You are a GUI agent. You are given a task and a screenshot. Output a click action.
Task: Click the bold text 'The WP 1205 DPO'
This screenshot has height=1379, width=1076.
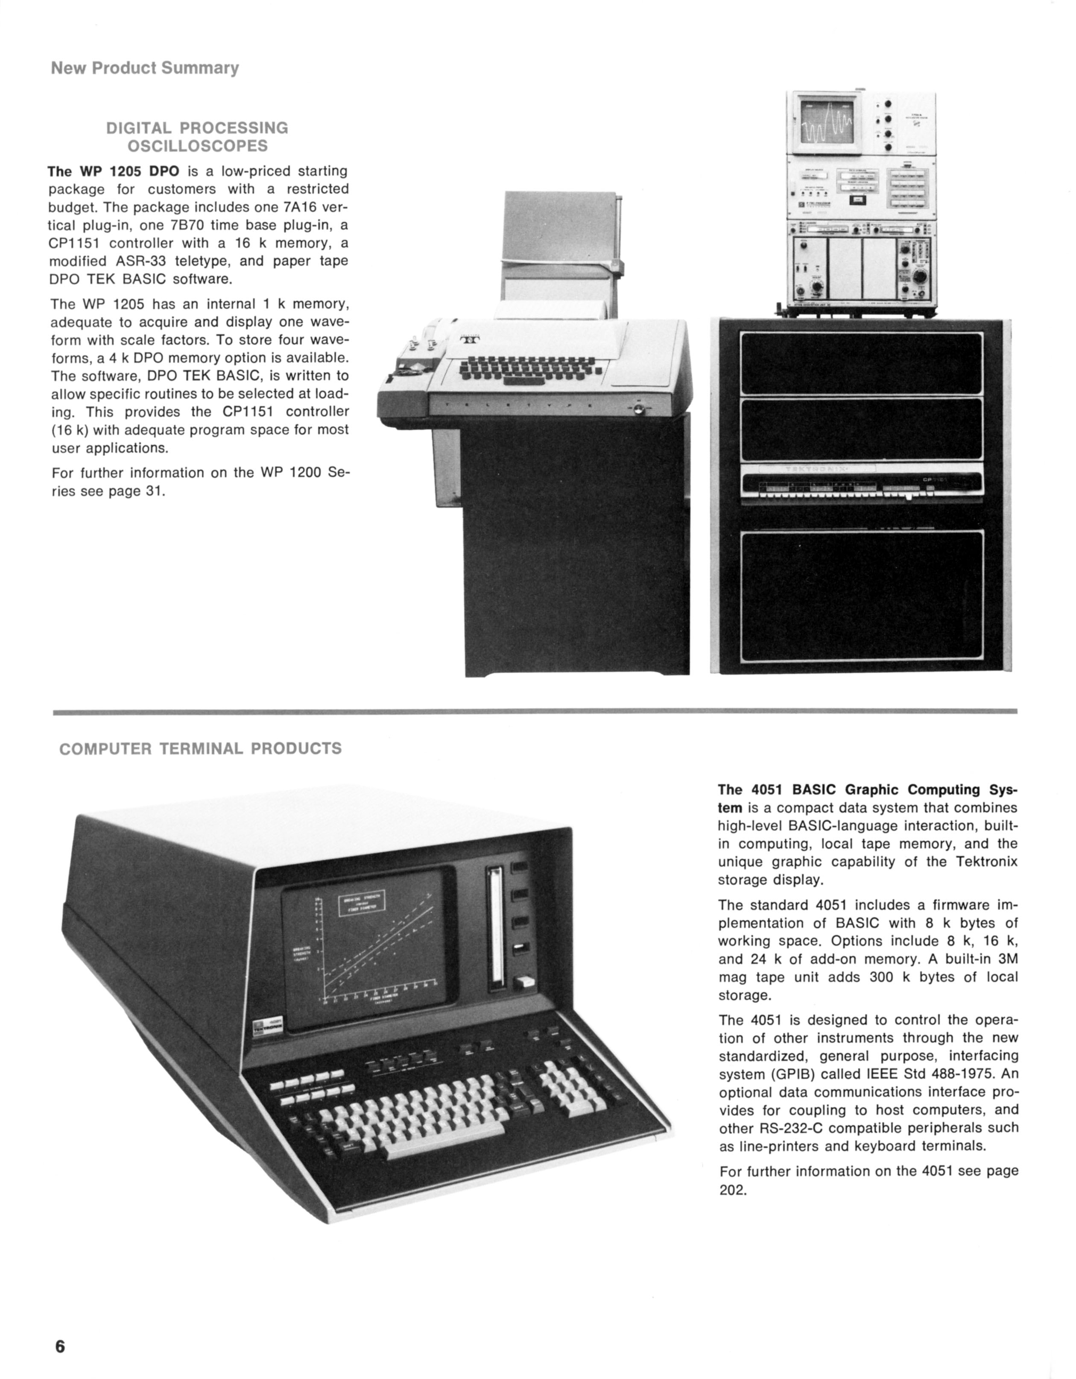[x=114, y=171]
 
